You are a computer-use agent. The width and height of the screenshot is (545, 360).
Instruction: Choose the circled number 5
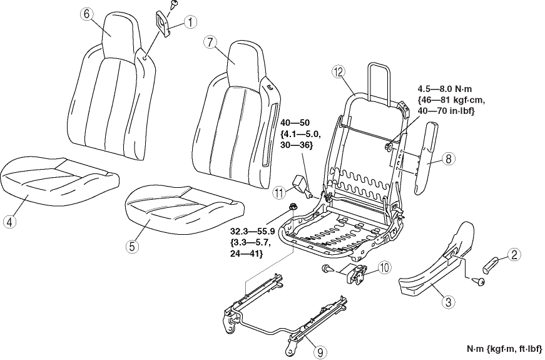coord(132,246)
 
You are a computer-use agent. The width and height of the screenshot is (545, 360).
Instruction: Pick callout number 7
coord(210,43)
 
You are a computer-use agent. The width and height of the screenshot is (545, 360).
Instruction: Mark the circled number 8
coord(448,159)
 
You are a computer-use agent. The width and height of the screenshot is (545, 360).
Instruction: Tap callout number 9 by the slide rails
coord(319,352)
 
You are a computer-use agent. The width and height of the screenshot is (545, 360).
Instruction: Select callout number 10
coord(384,268)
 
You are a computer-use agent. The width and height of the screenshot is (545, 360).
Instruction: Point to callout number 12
coord(339,73)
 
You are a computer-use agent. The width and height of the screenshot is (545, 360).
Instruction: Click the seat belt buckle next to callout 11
coord(301,185)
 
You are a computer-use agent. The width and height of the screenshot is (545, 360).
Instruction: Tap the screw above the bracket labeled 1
coord(171,6)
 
